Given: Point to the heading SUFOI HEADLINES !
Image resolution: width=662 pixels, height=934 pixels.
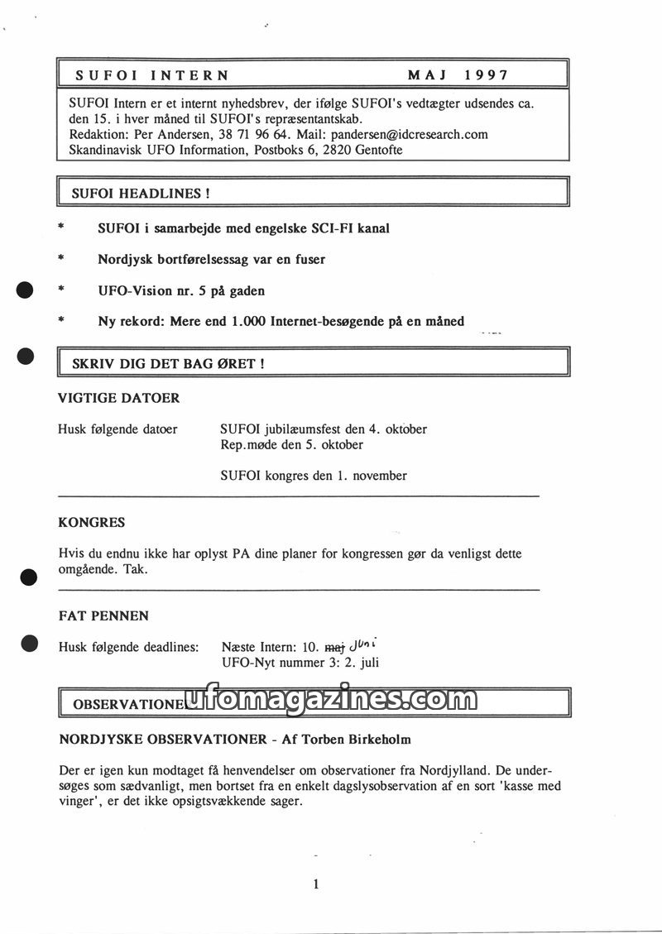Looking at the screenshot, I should [141, 194].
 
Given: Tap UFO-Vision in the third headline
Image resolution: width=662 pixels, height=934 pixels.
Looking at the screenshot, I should [131, 291].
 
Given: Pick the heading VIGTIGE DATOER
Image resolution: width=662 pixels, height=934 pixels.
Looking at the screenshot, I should [119, 398].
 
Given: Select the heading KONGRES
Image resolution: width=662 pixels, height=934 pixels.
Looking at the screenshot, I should [92, 523].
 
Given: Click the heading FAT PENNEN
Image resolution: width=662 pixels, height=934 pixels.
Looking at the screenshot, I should [103, 616].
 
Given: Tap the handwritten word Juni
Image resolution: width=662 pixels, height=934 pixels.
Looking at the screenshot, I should [367, 645].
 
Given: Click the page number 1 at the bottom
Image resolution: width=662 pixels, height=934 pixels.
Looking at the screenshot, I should [316, 884].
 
